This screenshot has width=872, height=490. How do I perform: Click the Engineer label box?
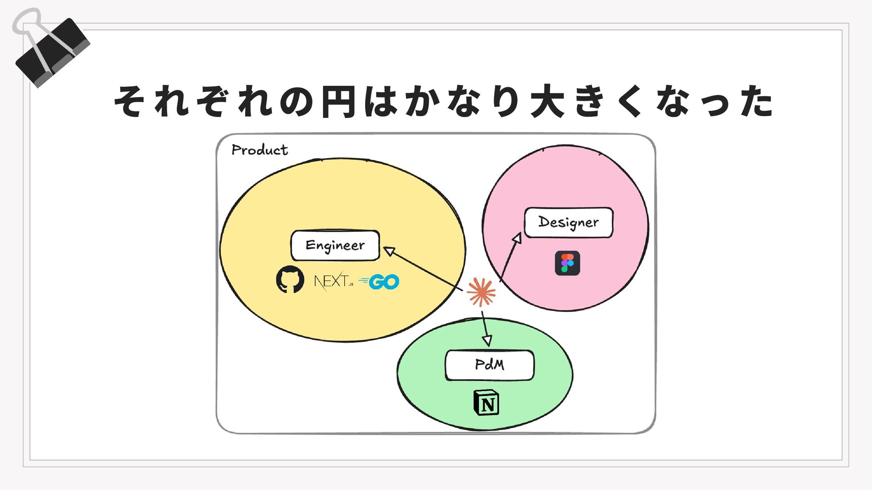(x=335, y=245)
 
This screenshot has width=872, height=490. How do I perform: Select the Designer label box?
(x=569, y=222)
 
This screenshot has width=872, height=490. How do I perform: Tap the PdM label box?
(x=490, y=365)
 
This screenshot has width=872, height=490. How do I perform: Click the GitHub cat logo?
(x=290, y=279)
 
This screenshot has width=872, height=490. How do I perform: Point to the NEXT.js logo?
(x=333, y=281)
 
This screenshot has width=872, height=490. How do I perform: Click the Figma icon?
(x=567, y=263)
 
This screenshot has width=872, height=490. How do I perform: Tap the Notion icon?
(x=486, y=402)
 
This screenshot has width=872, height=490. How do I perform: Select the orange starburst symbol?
(x=481, y=292)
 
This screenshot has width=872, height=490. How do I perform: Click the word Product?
(x=259, y=150)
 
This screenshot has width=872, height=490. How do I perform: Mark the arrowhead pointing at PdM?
(x=487, y=340)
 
